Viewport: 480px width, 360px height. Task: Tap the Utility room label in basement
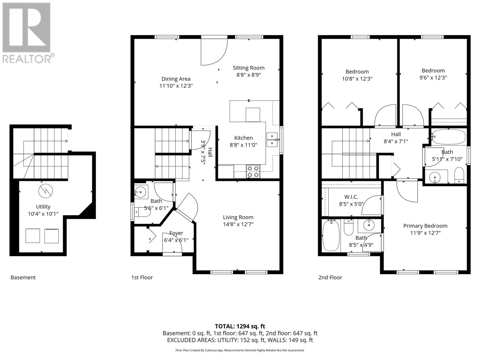(43, 207)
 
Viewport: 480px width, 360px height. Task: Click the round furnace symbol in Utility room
(46, 190)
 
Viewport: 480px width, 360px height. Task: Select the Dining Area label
(176, 79)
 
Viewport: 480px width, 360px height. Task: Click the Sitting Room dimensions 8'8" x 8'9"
(248, 75)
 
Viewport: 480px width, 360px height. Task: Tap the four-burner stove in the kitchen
(253, 172)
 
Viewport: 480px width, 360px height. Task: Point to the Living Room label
(238, 217)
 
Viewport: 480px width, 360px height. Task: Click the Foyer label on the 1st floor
(176, 233)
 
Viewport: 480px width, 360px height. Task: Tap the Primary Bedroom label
(425, 226)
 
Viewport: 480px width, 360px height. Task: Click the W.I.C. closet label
(351, 197)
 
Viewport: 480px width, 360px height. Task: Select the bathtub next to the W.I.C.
(331, 236)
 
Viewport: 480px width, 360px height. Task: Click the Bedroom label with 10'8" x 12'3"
(357, 72)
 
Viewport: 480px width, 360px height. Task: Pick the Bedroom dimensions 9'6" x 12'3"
(433, 78)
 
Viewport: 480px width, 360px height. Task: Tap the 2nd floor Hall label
(396, 134)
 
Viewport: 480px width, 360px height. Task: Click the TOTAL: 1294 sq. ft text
(240, 326)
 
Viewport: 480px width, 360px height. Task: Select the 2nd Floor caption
(330, 277)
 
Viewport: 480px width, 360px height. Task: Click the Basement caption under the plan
(23, 277)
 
